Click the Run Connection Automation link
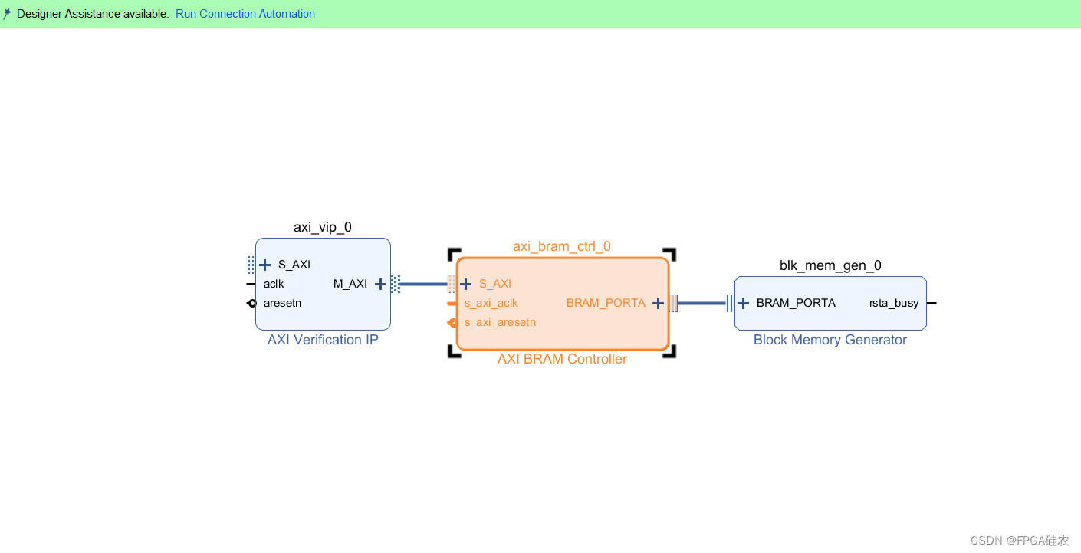[245, 14]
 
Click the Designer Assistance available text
[92, 14]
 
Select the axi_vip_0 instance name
[323, 227]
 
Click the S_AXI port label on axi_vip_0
[294, 265]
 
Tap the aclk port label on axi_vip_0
[274, 284]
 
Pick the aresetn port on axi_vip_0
[282, 303]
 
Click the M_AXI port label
[350, 284]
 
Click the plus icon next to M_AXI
[380, 284]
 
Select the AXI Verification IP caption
[323, 340]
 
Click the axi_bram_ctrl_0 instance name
[562, 246]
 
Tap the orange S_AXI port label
[495, 284]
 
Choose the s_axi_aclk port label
[491, 303]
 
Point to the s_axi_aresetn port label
[500, 322]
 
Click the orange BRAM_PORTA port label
[606, 303]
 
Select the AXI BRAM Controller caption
[562, 359]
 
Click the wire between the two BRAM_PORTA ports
[701, 303]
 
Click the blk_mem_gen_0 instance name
[830, 265]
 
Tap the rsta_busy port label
[893, 303]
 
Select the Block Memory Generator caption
[830, 340]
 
